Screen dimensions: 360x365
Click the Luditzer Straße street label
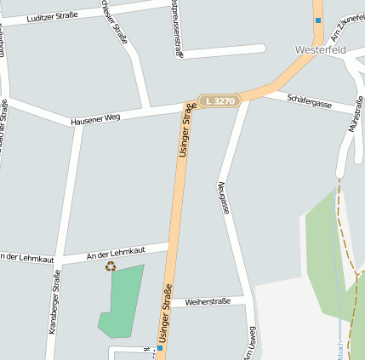pos(52,16)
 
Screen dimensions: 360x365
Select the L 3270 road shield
pos(220,101)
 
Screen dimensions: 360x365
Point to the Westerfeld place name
pos(321,49)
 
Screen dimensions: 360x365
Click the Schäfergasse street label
pos(309,100)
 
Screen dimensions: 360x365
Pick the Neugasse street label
pos(224,197)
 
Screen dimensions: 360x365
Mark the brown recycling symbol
pos(110,266)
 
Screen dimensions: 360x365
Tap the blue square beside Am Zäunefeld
pos(318,20)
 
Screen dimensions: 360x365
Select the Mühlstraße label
pos(356,114)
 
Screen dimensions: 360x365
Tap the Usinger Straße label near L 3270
pos(185,129)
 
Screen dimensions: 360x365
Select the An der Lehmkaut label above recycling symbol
pos(116,252)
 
